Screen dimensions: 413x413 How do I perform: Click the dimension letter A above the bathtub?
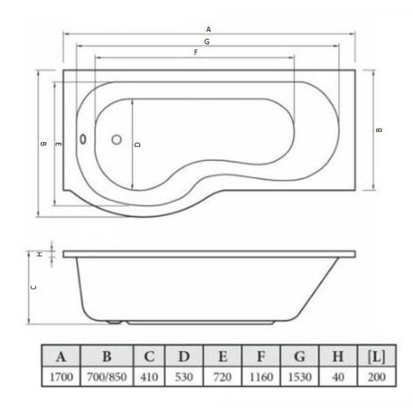point(208,29)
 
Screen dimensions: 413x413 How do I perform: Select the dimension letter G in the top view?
point(207,42)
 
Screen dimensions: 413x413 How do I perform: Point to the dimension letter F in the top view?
point(196,53)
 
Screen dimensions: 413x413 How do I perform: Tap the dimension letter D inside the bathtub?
point(138,144)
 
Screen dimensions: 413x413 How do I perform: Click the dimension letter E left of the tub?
point(59,144)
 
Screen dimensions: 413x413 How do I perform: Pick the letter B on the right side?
point(379,130)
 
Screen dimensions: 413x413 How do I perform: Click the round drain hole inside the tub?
point(117,140)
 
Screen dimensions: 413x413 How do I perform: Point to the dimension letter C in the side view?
point(34,287)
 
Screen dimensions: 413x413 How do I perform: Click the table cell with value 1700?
point(61,377)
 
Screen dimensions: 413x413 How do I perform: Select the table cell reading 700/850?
point(107,377)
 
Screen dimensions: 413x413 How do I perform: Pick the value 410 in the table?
point(149,377)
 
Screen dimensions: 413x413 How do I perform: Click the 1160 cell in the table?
point(261,377)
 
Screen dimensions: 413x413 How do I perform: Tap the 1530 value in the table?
point(299,377)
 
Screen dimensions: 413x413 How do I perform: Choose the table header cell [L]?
point(377,357)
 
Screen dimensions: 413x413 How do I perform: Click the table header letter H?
point(338,357)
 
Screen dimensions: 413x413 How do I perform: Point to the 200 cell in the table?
point(377,377)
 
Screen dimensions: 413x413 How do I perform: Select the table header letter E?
point(223,357)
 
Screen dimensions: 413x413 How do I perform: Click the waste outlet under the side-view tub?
point(114,322)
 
